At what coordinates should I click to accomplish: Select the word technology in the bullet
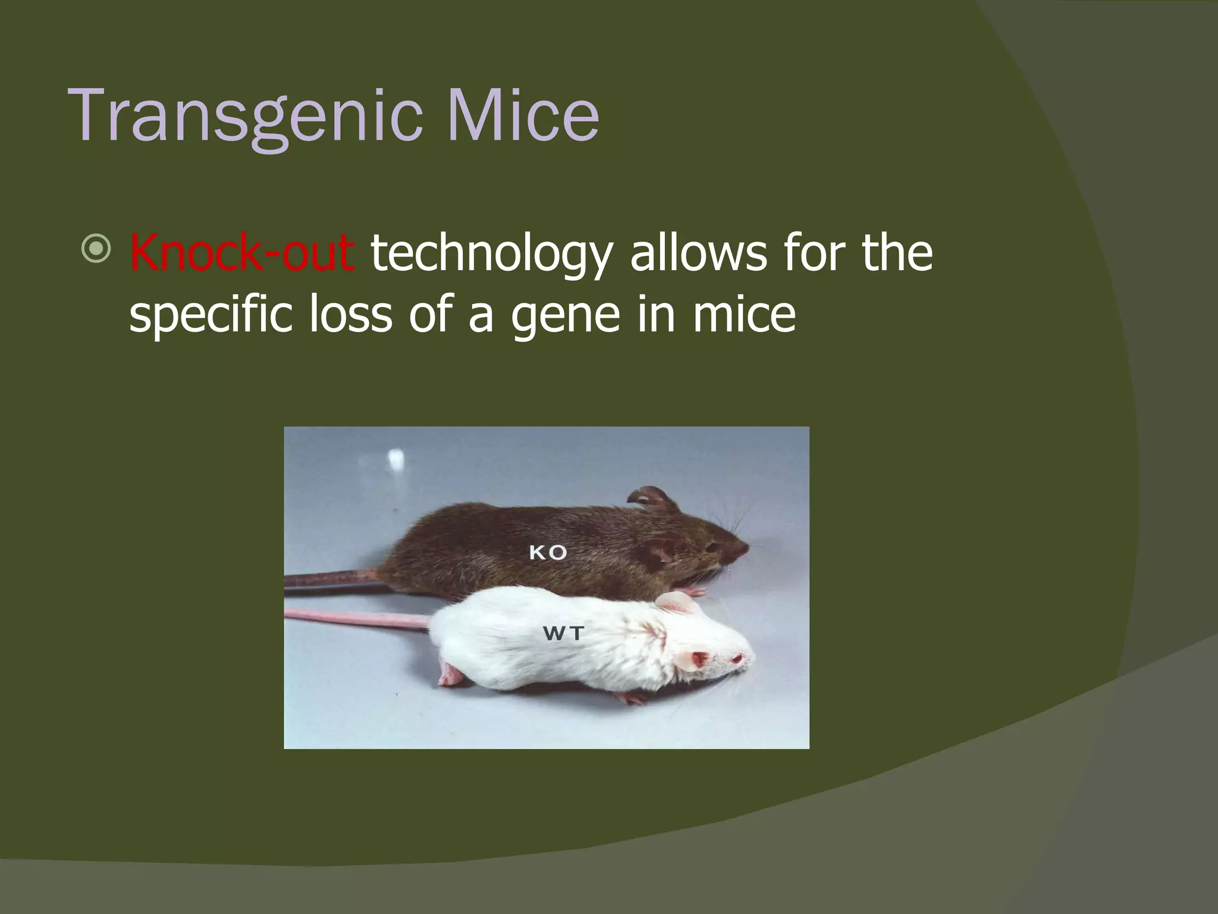click(x=491, y=255)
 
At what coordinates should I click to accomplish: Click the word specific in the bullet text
click(x=211, y=315)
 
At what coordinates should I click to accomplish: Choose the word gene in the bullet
click(x=565, y=316)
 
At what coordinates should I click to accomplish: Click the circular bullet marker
click(x=96, y=249)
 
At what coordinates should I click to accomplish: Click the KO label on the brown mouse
click(x=548, y=553)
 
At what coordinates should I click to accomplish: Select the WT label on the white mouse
click(x=563, y=634)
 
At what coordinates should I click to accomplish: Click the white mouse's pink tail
click(x=357, y=618)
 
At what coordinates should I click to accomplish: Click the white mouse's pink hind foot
click(x=450, y=675)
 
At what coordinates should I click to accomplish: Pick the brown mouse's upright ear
click(x=653, y=497)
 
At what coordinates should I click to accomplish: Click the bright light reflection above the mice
click(x=395, y=459)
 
